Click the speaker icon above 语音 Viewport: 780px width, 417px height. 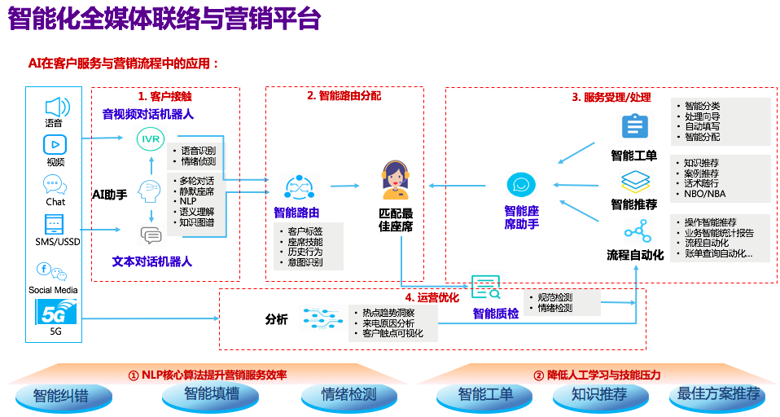pos(55,107)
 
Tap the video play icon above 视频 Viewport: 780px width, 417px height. pos(55,145)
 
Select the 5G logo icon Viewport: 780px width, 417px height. pos(55,311)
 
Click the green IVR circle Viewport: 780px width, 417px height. pos(151,139)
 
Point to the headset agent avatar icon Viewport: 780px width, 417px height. pos(395,181)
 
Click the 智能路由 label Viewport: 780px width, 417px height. pos(296,213)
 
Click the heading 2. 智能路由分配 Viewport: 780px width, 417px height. pos(344,95)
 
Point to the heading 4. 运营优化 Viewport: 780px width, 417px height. pos(432,297)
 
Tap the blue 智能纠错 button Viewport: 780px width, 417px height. pos(61,396)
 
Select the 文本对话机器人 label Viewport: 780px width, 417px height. pos(152,261)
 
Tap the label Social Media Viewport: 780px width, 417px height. pos(53,290)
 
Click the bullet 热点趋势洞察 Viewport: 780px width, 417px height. pos(388,312)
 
